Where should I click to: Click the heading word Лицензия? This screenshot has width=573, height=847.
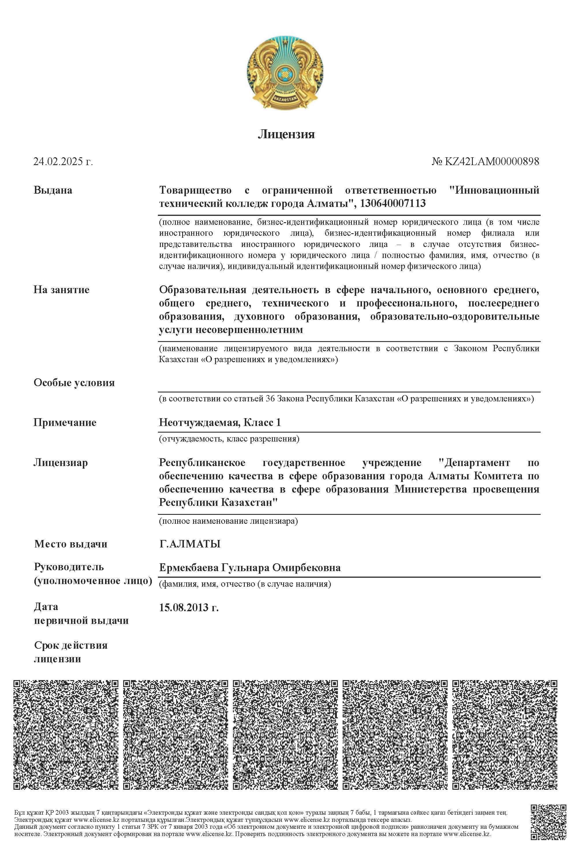coord(286,134)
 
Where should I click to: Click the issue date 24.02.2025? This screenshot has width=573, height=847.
coord(58,161)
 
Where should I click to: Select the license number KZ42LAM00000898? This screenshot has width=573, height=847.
coord(492,161)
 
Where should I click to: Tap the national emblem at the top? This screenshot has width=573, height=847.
coord(285,73)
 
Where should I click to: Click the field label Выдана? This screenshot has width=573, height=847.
coord(53,190)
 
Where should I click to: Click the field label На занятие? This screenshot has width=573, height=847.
coord(61,290)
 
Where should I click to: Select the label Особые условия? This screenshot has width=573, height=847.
coord(74,383)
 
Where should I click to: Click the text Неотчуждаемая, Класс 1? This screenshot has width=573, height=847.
coord(220,422)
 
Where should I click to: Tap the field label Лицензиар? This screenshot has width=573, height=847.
coord(61,463)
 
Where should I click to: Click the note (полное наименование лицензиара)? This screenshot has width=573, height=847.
coord(228,521)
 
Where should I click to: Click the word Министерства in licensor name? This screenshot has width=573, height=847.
coord(430,489)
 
